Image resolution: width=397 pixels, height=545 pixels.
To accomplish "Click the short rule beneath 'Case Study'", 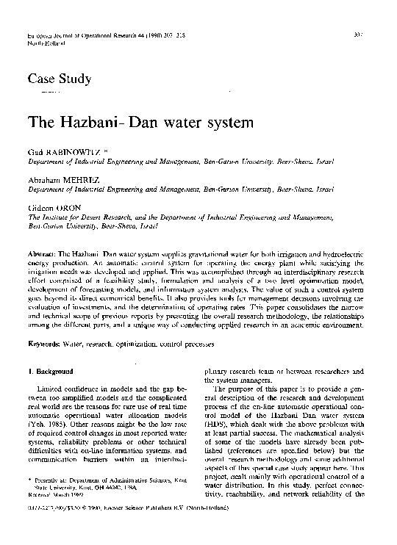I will coord(49,94).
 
